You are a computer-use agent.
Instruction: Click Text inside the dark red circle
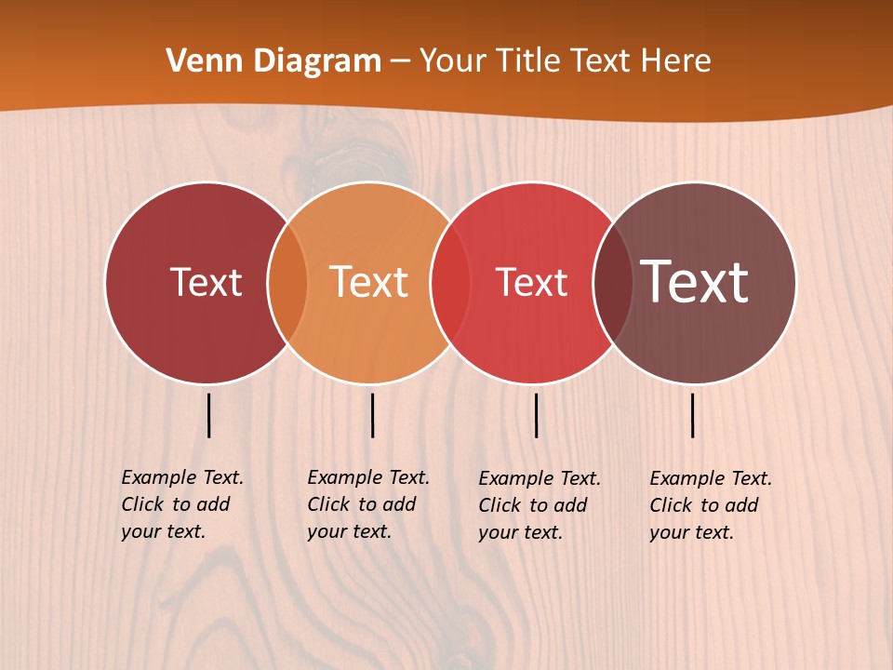[x=206, y=282]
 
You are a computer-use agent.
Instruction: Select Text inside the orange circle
[x=369, y=282]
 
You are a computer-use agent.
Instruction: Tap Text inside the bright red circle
[x=532, y=282]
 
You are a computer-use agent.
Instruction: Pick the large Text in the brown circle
[x=695, y=281]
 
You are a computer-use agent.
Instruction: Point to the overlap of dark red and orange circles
[x=287, y=283]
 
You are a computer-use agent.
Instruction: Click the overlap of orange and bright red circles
[x=451, y=283]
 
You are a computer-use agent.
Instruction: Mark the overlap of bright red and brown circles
[x=613, y=283]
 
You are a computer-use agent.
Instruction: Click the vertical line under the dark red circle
[x=209, y=415]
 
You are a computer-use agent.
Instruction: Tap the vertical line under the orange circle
[x=372, y=415]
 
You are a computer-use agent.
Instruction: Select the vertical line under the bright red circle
[x=536, y=415]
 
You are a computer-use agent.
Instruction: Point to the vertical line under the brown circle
[x=693, y=415]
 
